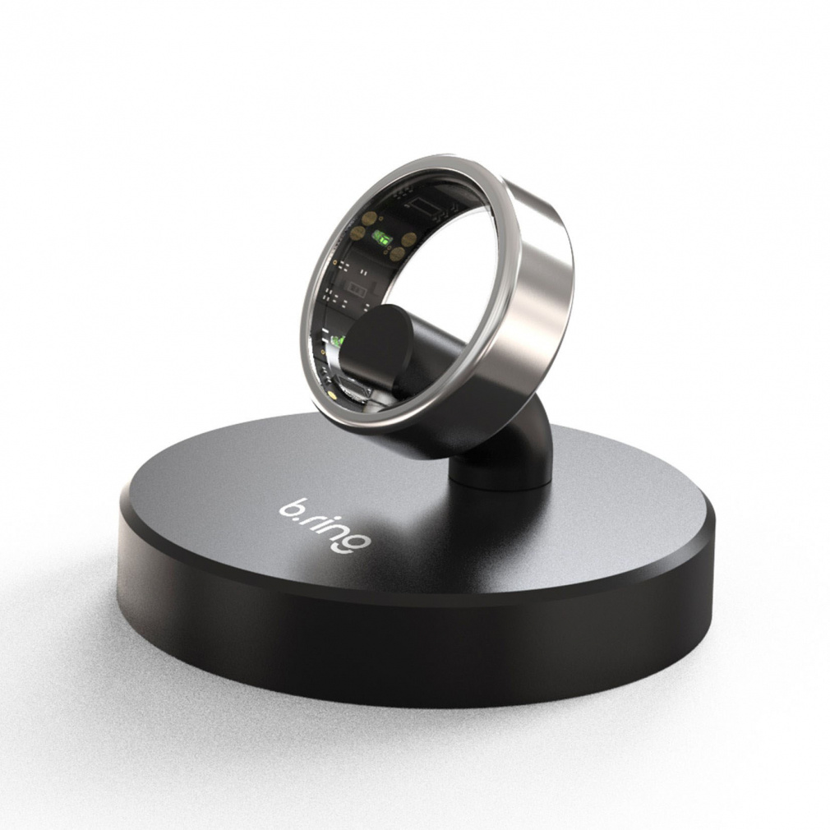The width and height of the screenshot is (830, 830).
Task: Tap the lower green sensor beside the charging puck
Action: [x=338, y=339]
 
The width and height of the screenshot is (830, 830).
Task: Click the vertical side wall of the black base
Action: [x=411, y=649]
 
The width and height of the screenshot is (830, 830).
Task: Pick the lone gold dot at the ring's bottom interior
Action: [x=330, y=394]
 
